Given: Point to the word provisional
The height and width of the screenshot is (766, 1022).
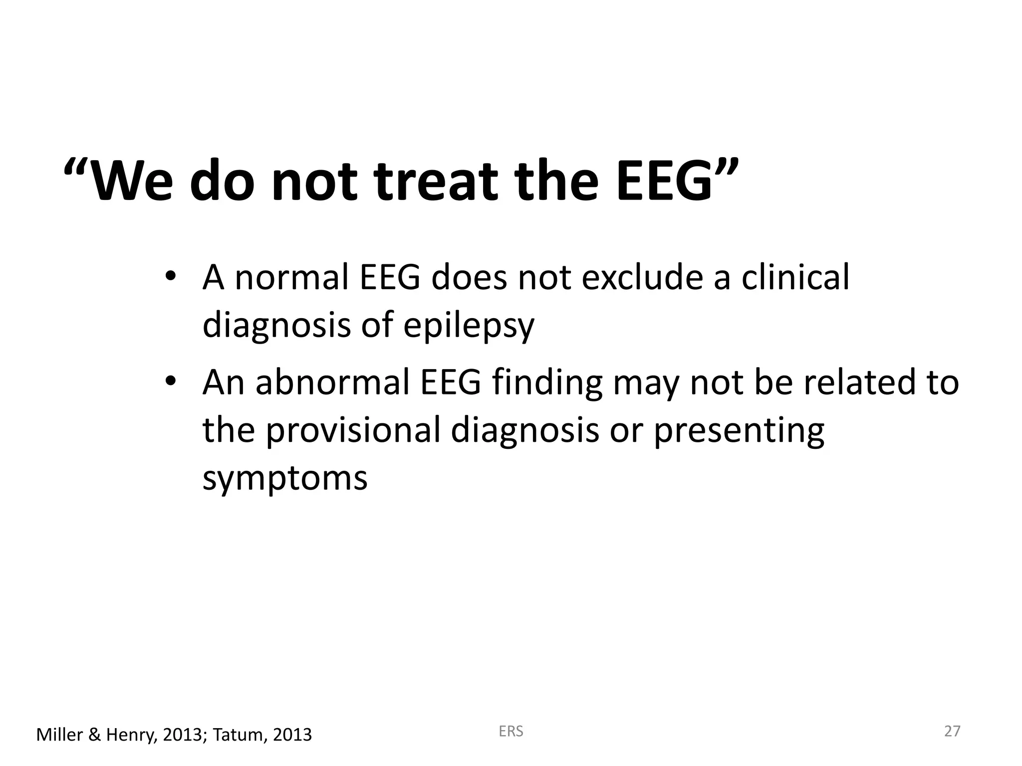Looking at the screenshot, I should [x=353, y=431].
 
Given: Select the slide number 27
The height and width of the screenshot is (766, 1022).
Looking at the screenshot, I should [x=952, y=732].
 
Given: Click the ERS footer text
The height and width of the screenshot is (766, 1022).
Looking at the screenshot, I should [x=511, y=732].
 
